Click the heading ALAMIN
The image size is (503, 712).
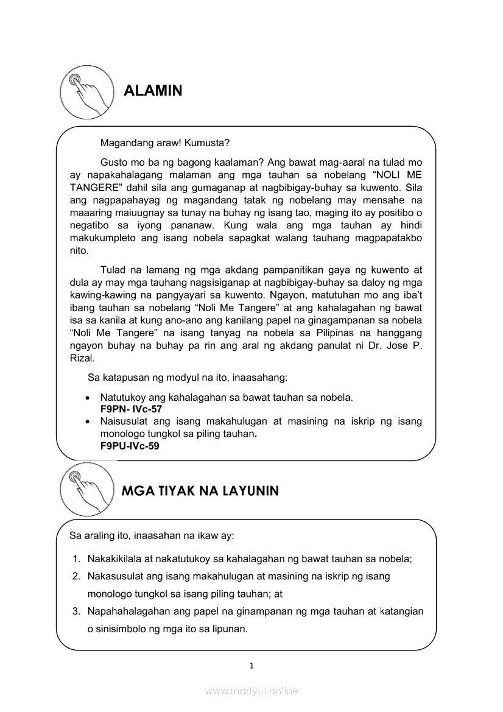[x=153, y=91]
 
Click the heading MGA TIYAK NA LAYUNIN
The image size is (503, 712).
[x=200, y=491]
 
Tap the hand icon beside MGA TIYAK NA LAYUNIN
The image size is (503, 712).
[x=87, y=489]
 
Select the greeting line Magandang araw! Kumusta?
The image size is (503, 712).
[x=164, y=144]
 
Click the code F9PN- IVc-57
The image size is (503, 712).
[x=131, y=409]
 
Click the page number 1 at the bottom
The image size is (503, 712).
[x=251, y=666]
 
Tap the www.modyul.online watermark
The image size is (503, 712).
[x=251, y=691]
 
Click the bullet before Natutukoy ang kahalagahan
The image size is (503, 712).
[x=88, y=398]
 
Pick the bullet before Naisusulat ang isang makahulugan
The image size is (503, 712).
[x=88, y=421]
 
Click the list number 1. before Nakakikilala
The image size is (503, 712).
[x=77, y=559]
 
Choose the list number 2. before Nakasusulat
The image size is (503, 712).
[x=77, y=576]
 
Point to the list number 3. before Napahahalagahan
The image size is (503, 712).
[x=77, y=611]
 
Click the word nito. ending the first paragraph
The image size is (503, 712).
[x=79, y=250]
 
